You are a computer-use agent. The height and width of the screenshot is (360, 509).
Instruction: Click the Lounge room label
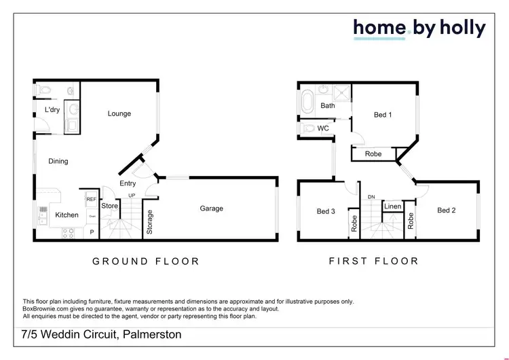click(x=119, y=113)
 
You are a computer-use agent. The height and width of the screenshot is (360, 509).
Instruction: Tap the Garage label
click(x=211, y=209)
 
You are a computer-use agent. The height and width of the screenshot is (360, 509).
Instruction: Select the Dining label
click(x=58, y=161)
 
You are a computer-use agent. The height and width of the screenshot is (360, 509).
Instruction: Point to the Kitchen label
click(x=67, y=215)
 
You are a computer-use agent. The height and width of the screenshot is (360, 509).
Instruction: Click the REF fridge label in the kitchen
click(x=91, y=199)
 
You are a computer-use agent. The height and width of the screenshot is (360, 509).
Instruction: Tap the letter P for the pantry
click(x=92, y=232)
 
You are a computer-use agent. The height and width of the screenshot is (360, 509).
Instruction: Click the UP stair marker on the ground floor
click(x=133, y=196)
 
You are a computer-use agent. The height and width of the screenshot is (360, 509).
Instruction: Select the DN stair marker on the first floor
click(x=371, y=197)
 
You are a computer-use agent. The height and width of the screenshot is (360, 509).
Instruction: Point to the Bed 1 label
click(x=383, y=115)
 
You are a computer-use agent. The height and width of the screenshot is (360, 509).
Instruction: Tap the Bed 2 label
click(x=446, y=211)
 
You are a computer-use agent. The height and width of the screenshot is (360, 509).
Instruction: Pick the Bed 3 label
click(x=326, y=211)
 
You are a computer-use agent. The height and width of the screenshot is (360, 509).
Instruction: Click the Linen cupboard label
click(x=392, y=206)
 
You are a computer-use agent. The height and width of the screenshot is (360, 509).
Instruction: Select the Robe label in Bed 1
click(x=373, y=154)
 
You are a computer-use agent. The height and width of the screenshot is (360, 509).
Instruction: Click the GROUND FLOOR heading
click(x=146, y=261)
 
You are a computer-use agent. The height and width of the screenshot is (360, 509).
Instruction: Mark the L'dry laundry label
click(x=52, y=109)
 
